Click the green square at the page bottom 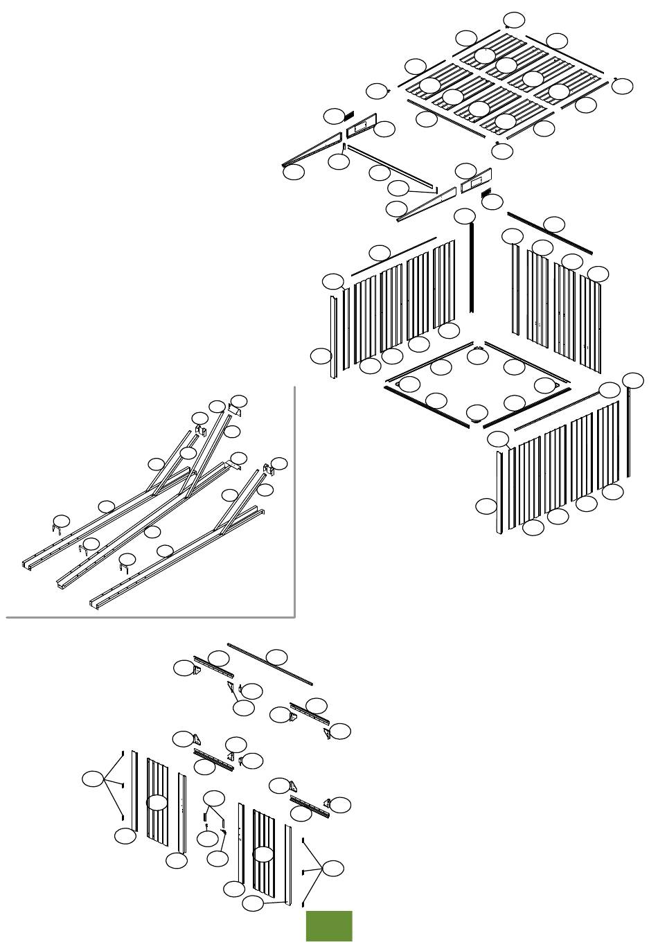click(329, 926)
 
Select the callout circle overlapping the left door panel click(159, 803)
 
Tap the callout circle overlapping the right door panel click(263, 853)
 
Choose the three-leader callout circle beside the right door click(333, 868)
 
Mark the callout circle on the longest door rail click(278, 656)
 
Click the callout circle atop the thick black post click(465, 216)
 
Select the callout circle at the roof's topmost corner click(514, 19)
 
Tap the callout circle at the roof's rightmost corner click(623, 86)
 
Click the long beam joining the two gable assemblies click(391, 166)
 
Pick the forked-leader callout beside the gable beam click(398, 187)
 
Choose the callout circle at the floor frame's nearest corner click(476, 414)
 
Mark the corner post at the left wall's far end click(334, 336)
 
